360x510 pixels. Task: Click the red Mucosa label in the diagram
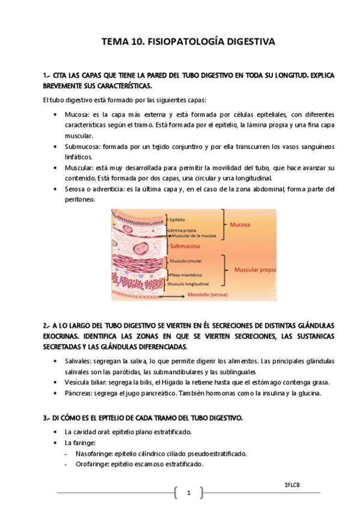[x=240, y=224]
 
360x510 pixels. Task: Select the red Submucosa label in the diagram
[x=187, y=246]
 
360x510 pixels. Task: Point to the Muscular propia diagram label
[x=255, y=270]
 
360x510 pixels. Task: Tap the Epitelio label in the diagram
[x=177, y=220]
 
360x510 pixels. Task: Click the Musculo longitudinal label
[x=188, y=283]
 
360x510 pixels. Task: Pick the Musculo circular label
[x=185, y=262]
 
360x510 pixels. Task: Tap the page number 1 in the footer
[x=188, y=494]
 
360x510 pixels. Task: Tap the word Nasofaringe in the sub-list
[x=95, y=453]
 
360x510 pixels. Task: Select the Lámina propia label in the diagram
[x=182, y=230]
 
